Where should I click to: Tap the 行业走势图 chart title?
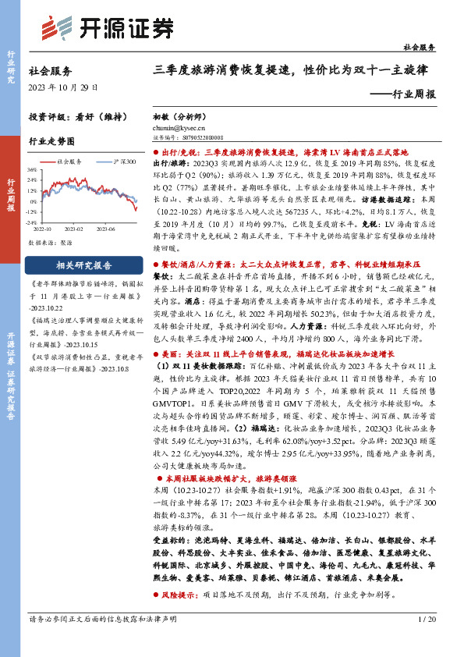51,141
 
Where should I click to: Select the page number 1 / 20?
427,641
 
